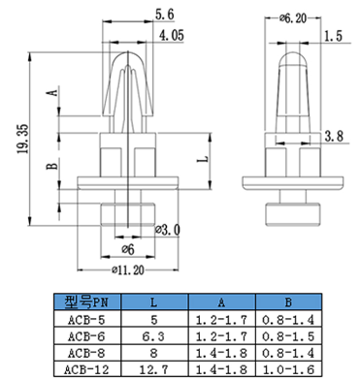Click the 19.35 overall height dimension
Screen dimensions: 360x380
[23, 139]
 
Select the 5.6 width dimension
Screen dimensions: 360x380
[165, 15]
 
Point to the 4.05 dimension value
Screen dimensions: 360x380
[171, 35]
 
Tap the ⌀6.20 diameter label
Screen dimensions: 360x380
[293, 18]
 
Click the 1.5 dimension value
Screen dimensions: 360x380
[333, 36]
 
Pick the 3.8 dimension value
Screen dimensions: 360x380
[334, 136]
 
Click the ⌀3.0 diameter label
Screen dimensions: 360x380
[167, 230]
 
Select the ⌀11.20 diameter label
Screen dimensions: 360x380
[128, 269]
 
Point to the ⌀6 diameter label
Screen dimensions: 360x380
[128, 249]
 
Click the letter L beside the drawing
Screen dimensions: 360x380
[203, 159]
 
